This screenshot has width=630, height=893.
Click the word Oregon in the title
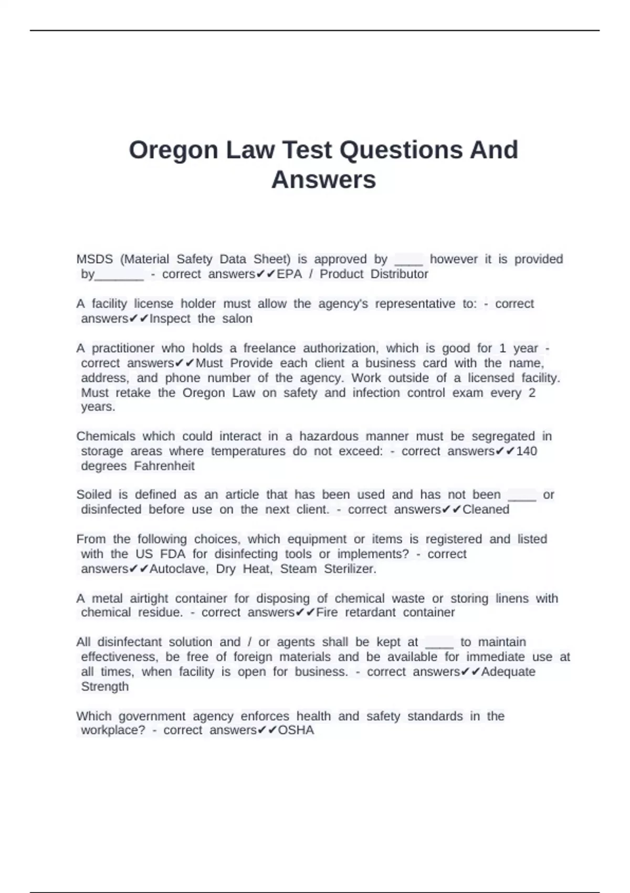173,150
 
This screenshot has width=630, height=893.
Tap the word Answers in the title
323,180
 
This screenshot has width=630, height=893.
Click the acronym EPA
289,274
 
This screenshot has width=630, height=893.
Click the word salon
237,318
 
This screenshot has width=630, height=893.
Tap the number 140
527,451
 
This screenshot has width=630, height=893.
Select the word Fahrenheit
164,466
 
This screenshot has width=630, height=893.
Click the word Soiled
94,494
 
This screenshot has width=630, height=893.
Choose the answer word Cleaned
486,509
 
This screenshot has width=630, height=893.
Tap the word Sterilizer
350,568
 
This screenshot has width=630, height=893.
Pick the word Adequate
508,671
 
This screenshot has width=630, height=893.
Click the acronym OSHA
296,730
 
